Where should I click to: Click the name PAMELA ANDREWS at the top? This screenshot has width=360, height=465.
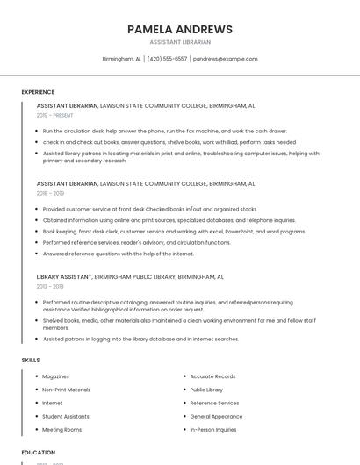click(179, 29)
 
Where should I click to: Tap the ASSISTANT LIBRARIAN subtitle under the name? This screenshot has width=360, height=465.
click(179, 42)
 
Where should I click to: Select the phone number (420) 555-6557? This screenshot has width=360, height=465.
click(167, 59)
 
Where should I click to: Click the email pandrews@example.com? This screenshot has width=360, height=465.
click(226, 59)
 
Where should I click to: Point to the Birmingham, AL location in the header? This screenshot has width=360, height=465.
click(121, 59)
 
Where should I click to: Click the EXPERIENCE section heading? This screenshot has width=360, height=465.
click(38, 92)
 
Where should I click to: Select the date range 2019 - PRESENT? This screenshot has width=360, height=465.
click(54, 115)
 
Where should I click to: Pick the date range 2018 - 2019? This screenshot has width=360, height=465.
click(50, 193)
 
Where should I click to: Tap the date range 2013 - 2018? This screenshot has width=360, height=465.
click(50, 286)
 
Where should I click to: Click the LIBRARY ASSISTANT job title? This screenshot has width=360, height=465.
click(64, 276)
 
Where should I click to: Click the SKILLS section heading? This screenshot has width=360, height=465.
click(31, 360)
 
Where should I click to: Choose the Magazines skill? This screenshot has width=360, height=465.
click(55, 376)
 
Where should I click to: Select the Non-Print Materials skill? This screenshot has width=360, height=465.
click(66, 390)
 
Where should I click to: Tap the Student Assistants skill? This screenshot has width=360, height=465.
click(66, 417)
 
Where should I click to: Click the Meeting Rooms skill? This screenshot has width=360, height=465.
click(61, 430)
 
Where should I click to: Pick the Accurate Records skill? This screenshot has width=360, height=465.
click(212, 376)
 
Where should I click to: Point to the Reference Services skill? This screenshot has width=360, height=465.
click(214, 404)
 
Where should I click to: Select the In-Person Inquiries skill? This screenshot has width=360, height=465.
click(213, 430)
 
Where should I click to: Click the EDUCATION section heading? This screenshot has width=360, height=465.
click(38, 453)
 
